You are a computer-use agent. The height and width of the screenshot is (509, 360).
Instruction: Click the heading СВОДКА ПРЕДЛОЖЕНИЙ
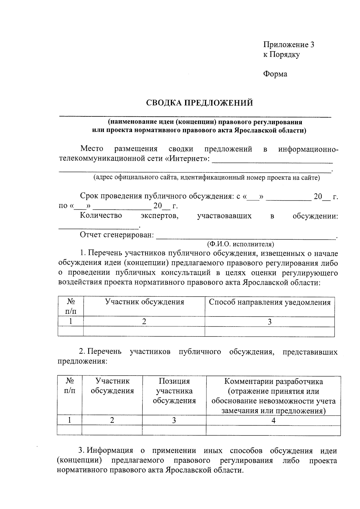199,103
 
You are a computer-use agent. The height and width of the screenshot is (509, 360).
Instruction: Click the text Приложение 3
289,45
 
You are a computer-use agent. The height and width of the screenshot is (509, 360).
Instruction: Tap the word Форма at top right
275,74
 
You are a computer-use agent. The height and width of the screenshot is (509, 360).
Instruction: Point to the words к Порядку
281,55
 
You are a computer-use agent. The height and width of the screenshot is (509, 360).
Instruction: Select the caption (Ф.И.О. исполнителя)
240,244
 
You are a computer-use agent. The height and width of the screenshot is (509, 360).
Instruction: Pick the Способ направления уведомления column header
269,302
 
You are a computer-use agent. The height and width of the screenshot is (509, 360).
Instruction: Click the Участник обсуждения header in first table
144,302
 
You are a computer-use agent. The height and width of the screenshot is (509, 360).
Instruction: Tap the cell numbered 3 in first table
269,322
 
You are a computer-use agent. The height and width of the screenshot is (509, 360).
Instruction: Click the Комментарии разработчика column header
273,396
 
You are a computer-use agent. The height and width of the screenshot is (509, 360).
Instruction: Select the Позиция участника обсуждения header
174,391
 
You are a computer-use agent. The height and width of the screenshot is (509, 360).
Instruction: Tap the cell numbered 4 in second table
273,421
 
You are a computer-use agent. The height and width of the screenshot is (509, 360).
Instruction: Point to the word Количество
101,215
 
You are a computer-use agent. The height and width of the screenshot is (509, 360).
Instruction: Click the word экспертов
159,216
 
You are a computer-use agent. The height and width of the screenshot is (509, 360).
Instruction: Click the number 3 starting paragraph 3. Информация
80,451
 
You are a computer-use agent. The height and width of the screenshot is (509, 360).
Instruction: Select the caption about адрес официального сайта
206,178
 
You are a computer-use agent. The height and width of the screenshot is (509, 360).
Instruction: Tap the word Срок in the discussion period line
89,196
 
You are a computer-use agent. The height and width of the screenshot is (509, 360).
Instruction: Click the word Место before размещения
91,149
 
